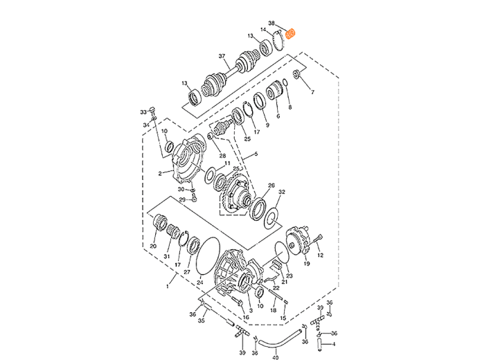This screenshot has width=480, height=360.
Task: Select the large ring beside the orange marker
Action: coord(280,41)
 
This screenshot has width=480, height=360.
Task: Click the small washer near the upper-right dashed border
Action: coord(296,75)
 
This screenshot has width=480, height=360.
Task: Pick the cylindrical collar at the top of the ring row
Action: coord(281,90)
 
